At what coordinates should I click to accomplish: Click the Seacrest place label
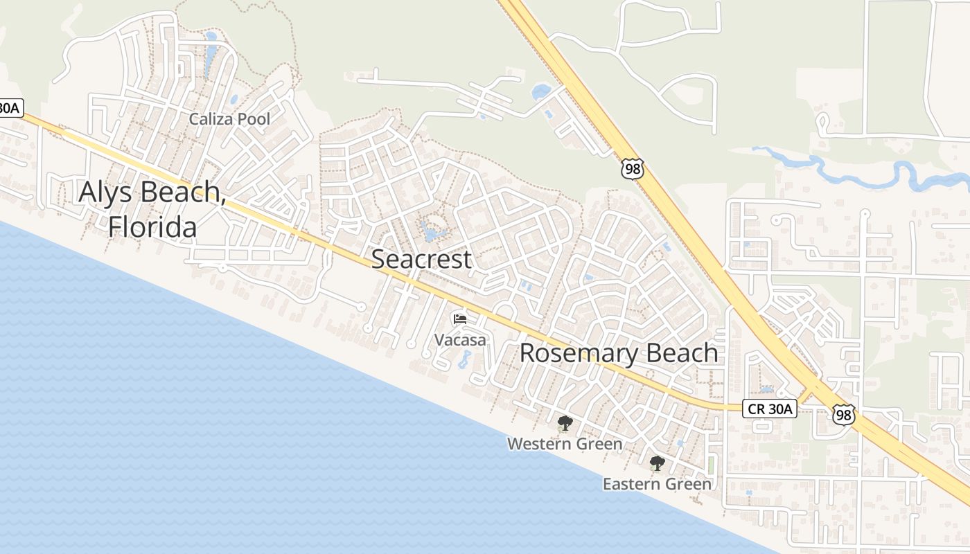421,259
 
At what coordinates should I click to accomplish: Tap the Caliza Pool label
229,119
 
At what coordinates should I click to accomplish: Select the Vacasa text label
460,339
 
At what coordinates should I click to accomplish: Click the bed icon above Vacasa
460,319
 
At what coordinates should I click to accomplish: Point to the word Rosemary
579,352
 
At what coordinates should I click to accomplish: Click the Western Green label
565,443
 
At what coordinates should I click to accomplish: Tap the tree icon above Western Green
565,422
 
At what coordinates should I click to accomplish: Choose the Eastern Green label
657,483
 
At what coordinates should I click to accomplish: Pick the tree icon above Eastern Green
657,463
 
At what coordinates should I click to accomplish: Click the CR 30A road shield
770,409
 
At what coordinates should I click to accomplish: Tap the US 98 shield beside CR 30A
844,414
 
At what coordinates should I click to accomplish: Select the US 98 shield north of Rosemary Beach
633,168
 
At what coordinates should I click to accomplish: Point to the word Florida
152,226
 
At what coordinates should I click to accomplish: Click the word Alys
110,192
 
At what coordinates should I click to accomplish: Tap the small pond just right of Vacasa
464,359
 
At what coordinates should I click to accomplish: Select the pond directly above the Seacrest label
432,232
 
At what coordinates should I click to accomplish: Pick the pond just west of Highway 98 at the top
540,91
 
